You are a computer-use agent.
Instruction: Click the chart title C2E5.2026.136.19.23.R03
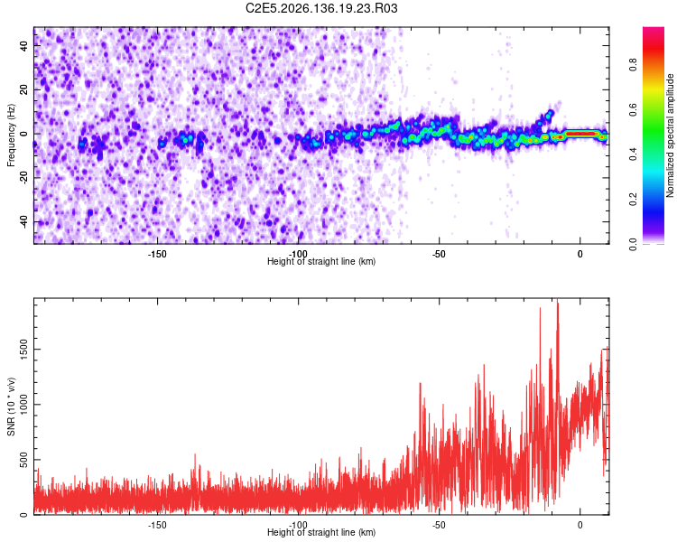(321, 8)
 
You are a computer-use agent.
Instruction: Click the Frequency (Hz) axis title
(11, 135)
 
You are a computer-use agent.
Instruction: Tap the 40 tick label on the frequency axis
(24, 45)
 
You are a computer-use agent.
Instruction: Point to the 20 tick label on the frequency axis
(24, 89)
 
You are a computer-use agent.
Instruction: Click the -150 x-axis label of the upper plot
(157, 254)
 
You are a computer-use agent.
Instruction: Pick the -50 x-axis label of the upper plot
(439, 254)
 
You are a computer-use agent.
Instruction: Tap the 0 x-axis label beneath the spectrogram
(580, 254)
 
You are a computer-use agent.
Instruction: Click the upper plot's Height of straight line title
(321, 261)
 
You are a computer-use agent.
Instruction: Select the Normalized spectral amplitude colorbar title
(670, 135)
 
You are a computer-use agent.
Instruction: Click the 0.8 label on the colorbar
(633, 64)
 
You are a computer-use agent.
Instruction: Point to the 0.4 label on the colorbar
(633, 154)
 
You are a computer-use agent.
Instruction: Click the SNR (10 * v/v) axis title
(11, 406)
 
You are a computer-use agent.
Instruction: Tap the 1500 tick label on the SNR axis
(24, 350)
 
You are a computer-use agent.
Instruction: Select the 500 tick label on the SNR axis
(24, 460)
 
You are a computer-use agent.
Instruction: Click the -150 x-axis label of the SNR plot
(157, 525)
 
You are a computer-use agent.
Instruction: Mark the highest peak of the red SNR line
(558, 299)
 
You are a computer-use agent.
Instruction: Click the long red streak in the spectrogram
(581, 134)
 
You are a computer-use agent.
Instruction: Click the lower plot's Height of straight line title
(321, 532)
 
